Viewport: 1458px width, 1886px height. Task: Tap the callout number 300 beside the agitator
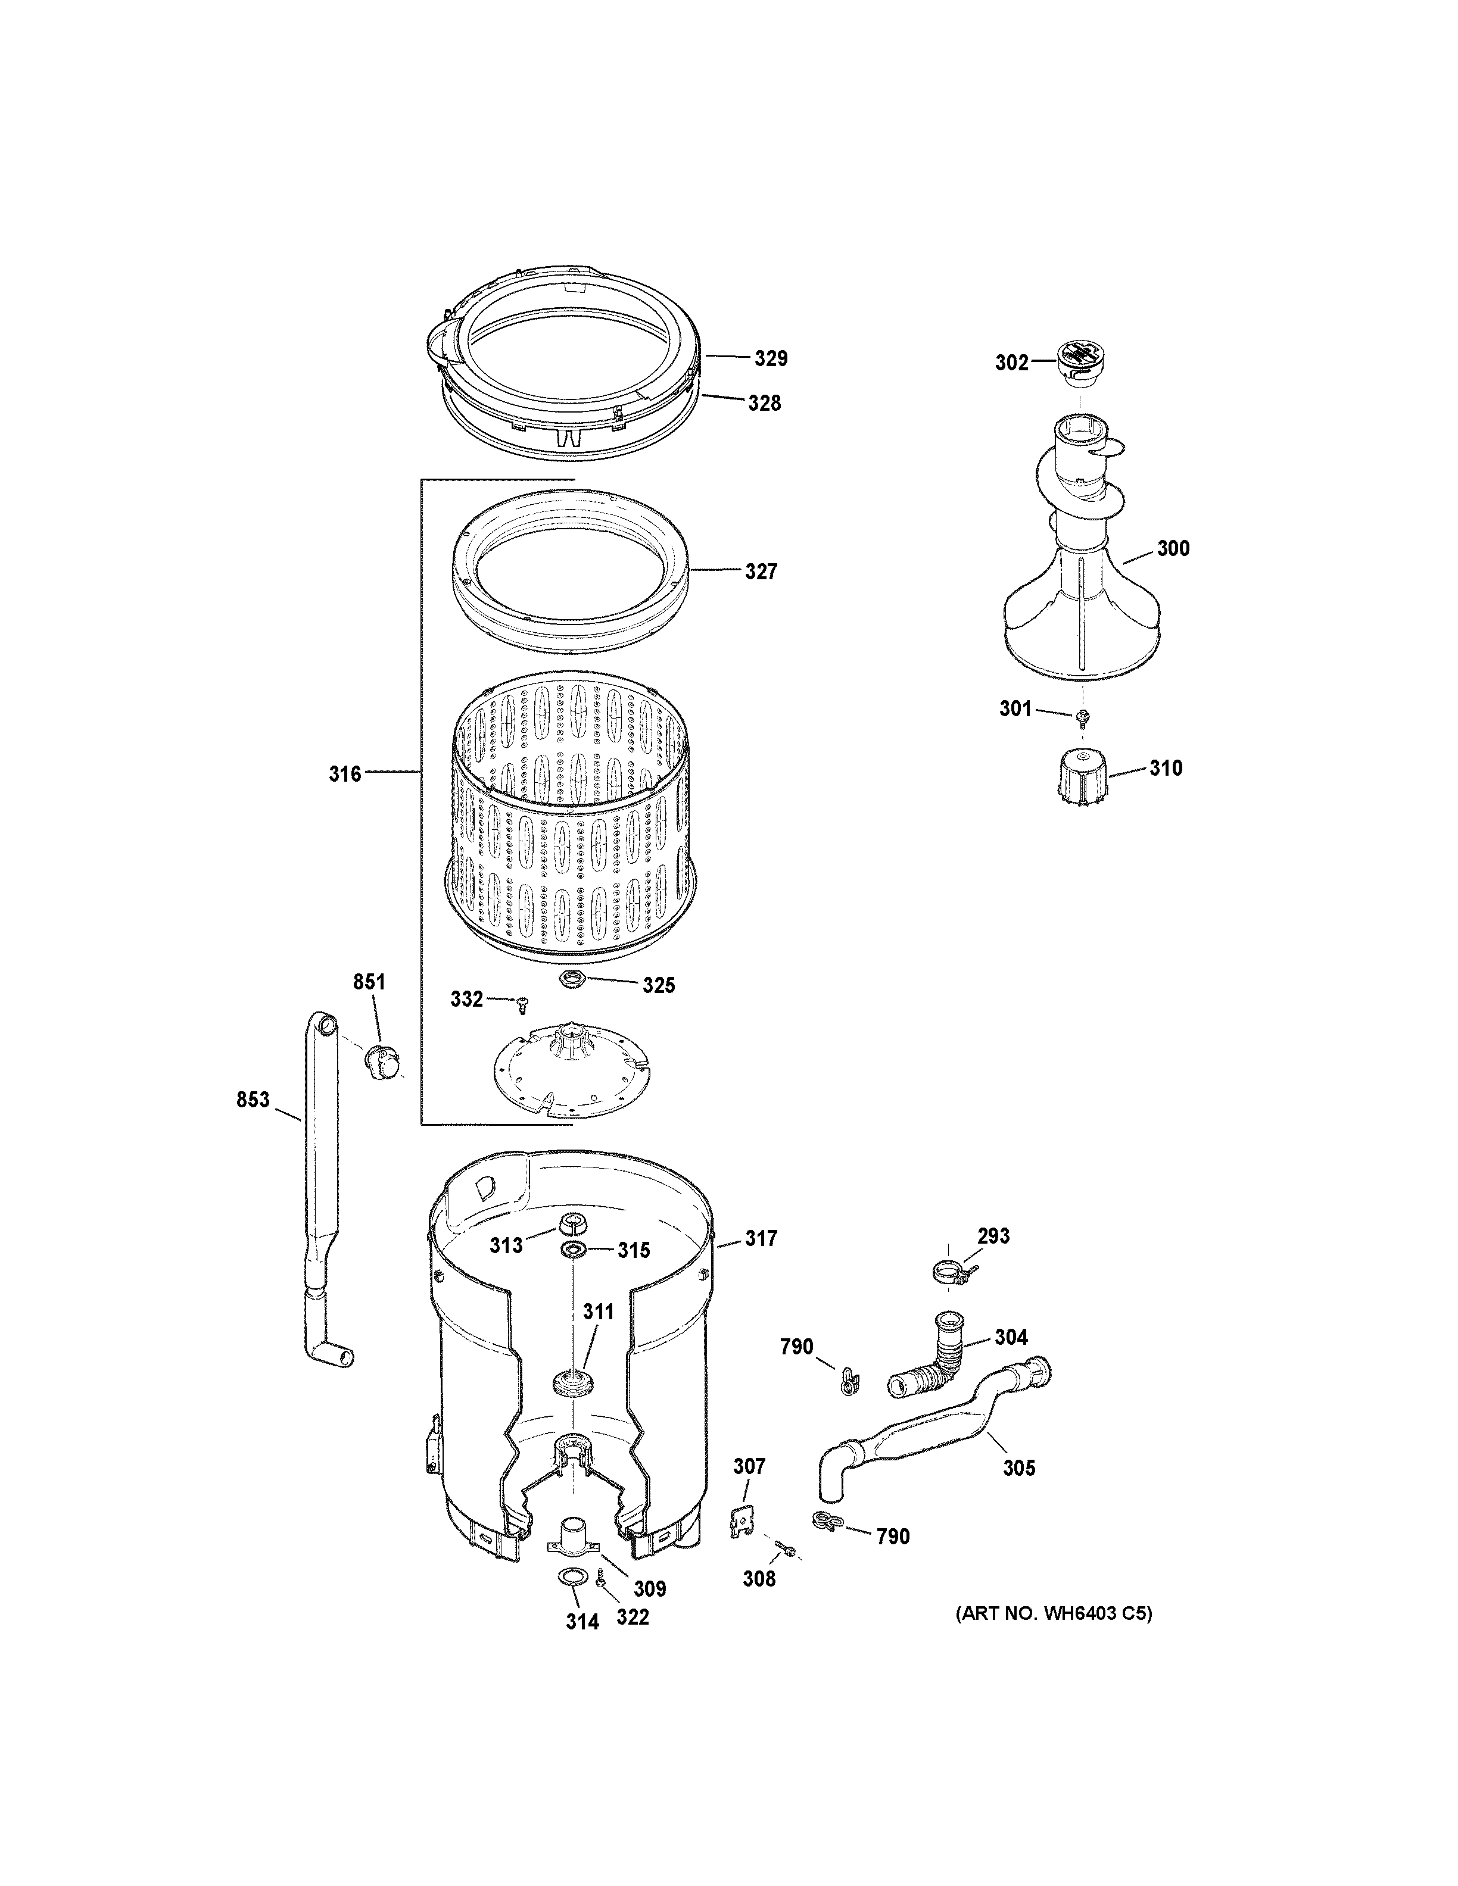pyautogui.click(x=1172, y=548)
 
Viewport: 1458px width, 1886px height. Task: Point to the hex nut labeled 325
pyautogui.click(x=571, y=979)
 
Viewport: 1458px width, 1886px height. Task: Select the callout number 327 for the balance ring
pyautogui.click(x=761, y=572)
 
